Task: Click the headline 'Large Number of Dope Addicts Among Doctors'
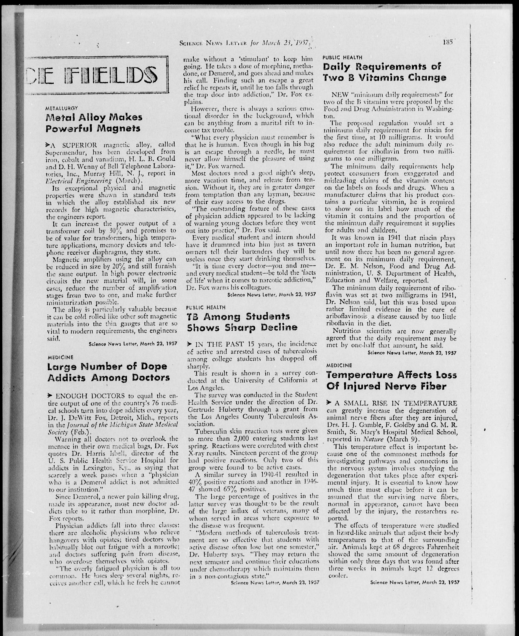(x=108, y=372)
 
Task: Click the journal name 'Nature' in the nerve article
(x=373, y=439)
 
